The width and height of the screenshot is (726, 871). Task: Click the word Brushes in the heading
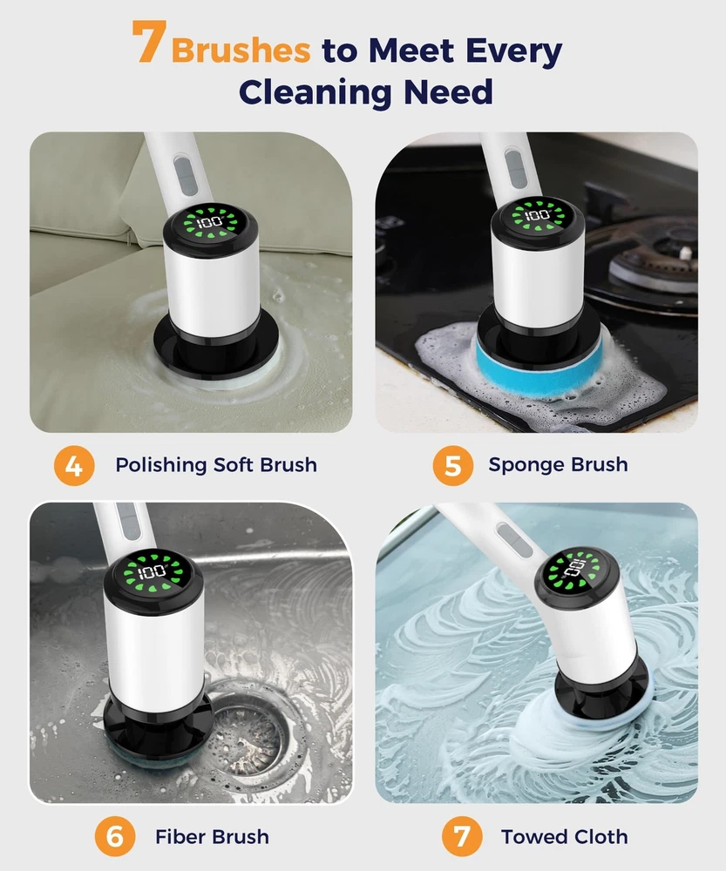point(241,51)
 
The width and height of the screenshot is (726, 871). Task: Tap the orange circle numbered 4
point(74,465)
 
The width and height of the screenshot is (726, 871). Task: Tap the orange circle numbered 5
point(453,465)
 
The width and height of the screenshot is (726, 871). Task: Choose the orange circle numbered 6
point(114,836)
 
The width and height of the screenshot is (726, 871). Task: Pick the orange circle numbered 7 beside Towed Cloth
point(462,836)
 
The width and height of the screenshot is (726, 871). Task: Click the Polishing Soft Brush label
point(216,465)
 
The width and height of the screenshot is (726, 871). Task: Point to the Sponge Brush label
point(558,465)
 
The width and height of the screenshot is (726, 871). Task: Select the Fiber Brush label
point(212,836)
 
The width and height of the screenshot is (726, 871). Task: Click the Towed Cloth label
point(564,836)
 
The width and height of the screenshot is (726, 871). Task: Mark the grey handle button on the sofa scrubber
point(185,176)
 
